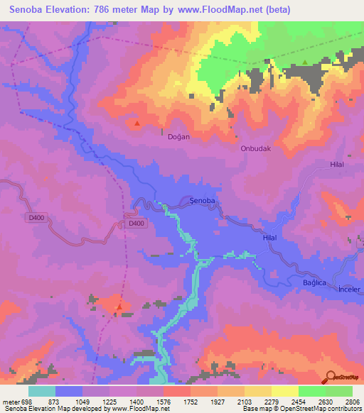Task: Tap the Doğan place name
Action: click(x=178, y=136)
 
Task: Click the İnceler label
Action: click(x=350, y=290)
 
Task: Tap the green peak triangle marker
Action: click(x=305, y=62)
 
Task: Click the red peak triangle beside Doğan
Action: click(x=137, y=123)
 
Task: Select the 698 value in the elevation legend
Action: click(x=23, y=402)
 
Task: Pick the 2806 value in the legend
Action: click(x=352, y=402)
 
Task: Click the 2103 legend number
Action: click(x=245, y=402)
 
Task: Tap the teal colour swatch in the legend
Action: click(x=42, y=391)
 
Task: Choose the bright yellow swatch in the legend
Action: click(x=285, y=391)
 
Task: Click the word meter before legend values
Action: click(x=9, y=402)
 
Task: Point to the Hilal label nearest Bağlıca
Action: click(x=270, y=239)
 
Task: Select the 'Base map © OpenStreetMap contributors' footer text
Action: click(x=301, y=409)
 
